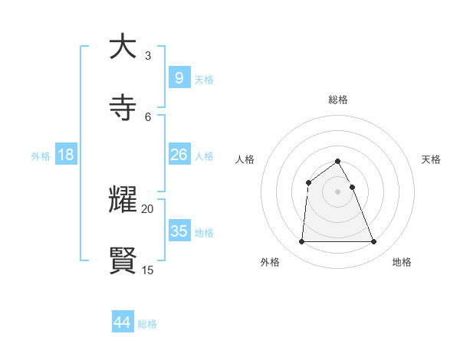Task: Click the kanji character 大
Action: pyautogui.click(x=123, y=47)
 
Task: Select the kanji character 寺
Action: pyautogui.click(x=123, y=107)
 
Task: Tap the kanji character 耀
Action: pyautogui.click(x=123, y=199)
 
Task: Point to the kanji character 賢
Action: pyautogui.click(x=123, y=260)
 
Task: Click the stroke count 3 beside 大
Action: pyautogui.click(x=148, y=56)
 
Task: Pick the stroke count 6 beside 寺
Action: pyautogui.click(x=148, y=116)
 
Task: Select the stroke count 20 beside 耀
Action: pyautogui.click(x=148, y=208)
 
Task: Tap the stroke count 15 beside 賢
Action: pyautogui.click(x=148, y=270)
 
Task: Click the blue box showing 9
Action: pyautogui.click(x=179, y=78)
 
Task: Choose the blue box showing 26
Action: pyautogui.click(x=179, y=155)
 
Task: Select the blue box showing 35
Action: pyautogui.click(x=179, y=231)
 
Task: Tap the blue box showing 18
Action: pyautogui.click(x=66, y=155)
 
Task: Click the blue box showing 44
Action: pyautogui.click(x=122, y=322)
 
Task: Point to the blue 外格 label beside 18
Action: pyautogui.click(x=41, y=156)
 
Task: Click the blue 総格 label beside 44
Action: pyautogui.click(x=147, y=324)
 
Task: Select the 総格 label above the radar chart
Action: pyautogui.click(x=337, y=100)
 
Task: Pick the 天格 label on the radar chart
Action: pyautogui.click(x=431, y=159)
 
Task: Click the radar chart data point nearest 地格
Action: pyautogui.click(x=373, y=242)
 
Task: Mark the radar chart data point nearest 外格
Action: pyautogui.click(x=301, y=242)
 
